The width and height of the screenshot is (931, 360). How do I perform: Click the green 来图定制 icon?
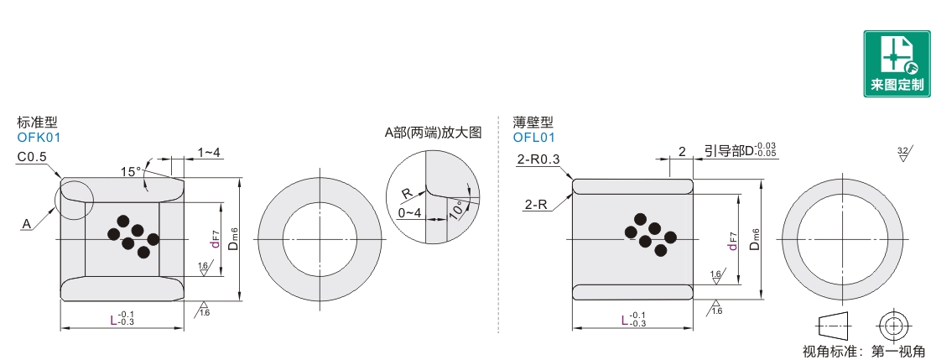tap(897, 64)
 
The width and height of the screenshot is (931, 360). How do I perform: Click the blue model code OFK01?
tap(39, 138)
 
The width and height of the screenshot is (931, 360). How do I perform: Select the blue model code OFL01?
tap(534, 138)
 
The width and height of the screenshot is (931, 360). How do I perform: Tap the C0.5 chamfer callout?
tap(32, 157)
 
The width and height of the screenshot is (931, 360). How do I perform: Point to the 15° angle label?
tap(131, 172)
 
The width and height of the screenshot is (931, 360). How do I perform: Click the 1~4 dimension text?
tap(209, 152)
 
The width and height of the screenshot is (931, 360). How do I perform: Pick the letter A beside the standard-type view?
tap(27, 223)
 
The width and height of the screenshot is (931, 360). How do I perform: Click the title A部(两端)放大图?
tap(433, 133)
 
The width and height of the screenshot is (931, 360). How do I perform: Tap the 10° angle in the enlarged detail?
tap(456, 211)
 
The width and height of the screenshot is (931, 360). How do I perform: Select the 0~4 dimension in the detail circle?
tap(410, 212)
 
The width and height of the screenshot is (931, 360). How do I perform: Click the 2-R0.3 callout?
tap(538, 159)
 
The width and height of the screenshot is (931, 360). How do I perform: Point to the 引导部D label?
tap(740, 151)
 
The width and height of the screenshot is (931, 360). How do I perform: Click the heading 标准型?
tap(38, 123)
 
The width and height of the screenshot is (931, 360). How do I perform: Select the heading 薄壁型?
tap(533, 123)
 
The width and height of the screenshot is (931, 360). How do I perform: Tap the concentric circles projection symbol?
tap(893, 326)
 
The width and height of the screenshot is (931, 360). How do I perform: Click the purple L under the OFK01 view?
tap(113, 321)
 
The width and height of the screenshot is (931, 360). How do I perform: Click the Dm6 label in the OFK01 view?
tap(233, 239)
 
